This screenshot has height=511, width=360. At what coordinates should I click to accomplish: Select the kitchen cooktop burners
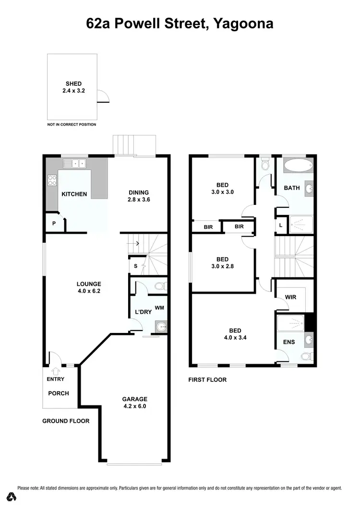(x=52, y=181)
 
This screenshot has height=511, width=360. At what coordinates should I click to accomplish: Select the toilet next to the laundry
(x=160, y=287)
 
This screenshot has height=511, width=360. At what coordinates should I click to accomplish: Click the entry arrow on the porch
(x=56, y=371)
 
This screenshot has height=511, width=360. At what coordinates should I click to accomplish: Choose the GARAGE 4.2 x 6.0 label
(x=134, y=402)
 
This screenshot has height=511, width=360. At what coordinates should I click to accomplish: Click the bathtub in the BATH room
(x=297, y=167)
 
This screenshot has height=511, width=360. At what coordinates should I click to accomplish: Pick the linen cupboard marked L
(x=280, y=225)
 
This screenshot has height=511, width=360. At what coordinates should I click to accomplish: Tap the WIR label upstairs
(x=290, y=297)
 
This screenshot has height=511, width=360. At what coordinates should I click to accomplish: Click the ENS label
(x=289, y=342)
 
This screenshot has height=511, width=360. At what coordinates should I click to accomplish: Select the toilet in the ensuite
(x=306, y=357)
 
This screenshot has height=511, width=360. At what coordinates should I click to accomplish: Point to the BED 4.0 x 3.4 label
(x=235, y=333)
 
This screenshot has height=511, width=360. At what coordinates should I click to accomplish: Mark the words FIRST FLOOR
(x=207, y=380)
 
